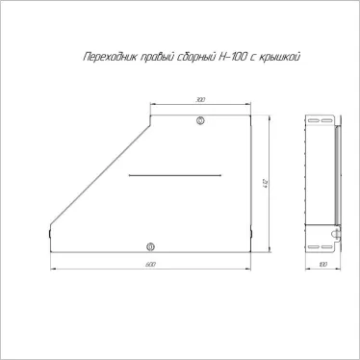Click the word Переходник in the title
[97, 58]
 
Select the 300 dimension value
[200, 100]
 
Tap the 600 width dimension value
[150, 264]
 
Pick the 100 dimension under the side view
[322, 264]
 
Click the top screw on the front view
[200, 120]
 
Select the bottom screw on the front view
[149, 245]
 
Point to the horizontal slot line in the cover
[176, 176]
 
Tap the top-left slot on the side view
[314, 120]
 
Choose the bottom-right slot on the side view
[331, 244]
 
